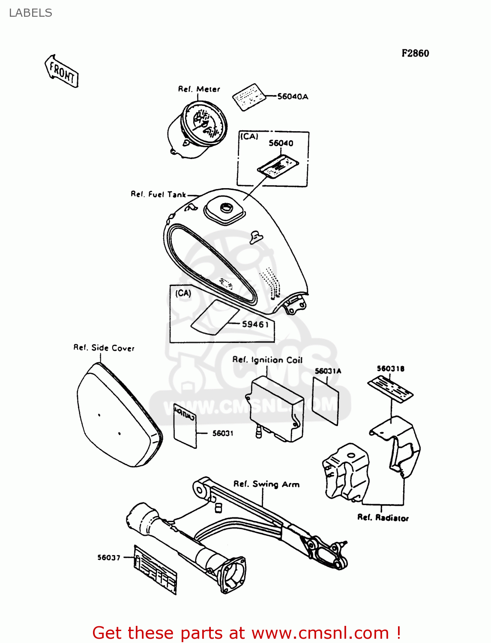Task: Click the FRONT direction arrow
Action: (62, 72)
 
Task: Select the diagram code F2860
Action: (415, 53)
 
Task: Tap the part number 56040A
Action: (293, 96)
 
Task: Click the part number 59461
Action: (255, 324)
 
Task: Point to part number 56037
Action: (109, 557)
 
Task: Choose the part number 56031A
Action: (328, 371)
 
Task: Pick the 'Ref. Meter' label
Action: (199, 89)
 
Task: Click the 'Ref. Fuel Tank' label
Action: (158, 194)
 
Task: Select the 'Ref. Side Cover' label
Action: (104, 348)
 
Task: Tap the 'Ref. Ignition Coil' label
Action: (267, 360)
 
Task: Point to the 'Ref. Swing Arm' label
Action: (266, 484)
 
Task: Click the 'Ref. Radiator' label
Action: (383, 517)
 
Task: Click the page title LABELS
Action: (30, 13)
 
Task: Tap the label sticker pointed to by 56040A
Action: (249, 97)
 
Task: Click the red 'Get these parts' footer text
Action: (246, 633)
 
